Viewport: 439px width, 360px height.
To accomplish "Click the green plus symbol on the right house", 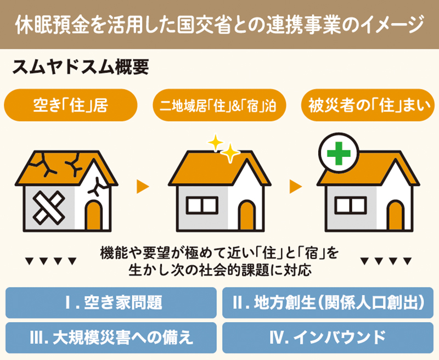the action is [x=339, y=154].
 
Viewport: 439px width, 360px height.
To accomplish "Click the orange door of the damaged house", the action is [x=94, y=215].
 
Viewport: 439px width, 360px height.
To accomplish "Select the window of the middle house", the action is [x=202, y=205].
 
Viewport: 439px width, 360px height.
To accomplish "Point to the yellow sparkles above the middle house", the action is [x=224, y=148].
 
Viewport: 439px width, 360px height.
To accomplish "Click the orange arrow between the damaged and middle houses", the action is [x=143, y=187].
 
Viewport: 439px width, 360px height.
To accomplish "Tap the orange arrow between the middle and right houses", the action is [x=296, y=187].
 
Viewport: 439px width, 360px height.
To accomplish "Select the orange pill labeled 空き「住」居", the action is [x=71, y=105].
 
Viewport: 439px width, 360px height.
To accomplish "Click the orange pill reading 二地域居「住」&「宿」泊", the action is [x=219, y=105].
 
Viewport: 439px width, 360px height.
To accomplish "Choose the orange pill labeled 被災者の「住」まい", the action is [x=368, y=105].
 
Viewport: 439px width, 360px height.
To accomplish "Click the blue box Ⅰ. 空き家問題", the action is [x=111, y=302].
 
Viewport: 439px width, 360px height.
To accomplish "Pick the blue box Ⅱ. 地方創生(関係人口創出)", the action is [x=328, y=302].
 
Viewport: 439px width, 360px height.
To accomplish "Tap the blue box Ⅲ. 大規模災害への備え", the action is [x=111, y=337].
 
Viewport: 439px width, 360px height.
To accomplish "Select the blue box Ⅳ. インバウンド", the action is [x=328, y=337].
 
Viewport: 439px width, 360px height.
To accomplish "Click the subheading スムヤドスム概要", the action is [x=81, y=67].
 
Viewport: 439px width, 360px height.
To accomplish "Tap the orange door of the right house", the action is [x=395, y=215].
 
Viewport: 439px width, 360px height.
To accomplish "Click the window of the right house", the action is [x=351, y=205].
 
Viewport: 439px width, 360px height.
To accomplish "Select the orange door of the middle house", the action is [x=247, y=215].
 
